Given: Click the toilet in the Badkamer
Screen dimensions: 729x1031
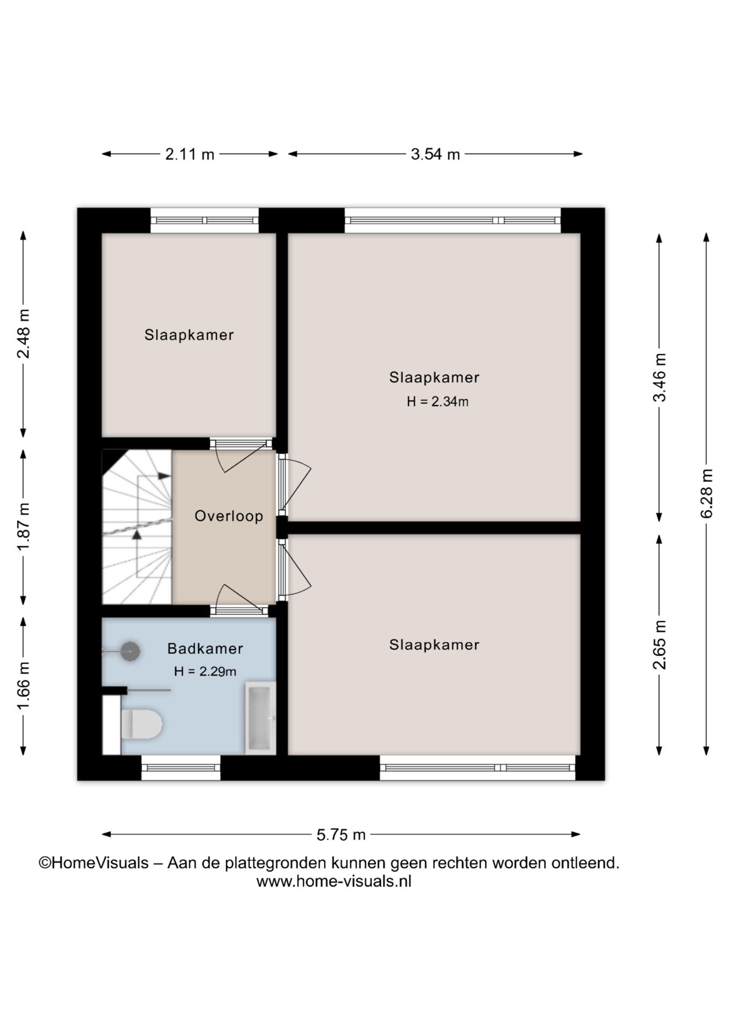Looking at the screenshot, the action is (141, 723).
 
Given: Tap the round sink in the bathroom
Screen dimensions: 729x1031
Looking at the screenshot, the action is (130, 651).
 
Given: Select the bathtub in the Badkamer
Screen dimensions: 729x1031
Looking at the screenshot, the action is (260, 718).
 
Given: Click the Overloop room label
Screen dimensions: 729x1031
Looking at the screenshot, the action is (229, 516).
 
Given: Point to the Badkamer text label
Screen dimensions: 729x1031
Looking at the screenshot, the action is (205, 648).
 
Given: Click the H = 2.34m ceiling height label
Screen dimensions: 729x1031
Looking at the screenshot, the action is (438, 401).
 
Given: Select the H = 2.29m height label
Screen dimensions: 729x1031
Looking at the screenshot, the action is (205, 671).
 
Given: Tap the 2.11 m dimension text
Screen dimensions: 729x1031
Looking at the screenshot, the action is (189, 155).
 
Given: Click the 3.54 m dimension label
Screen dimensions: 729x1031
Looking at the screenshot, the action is (435, 155).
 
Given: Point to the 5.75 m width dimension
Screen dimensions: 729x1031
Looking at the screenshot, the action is (341, 834).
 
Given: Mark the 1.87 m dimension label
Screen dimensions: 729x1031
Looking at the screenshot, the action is (23, 527).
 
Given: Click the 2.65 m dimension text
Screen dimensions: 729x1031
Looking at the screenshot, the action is (659, 645).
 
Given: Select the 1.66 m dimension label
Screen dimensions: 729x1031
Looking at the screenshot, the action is (23, 686).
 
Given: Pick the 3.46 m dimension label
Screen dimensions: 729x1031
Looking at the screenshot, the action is (659, 377).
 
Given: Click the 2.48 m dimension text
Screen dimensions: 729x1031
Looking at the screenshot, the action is (23, 334).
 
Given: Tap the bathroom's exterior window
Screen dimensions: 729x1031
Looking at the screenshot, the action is (181, 767).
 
